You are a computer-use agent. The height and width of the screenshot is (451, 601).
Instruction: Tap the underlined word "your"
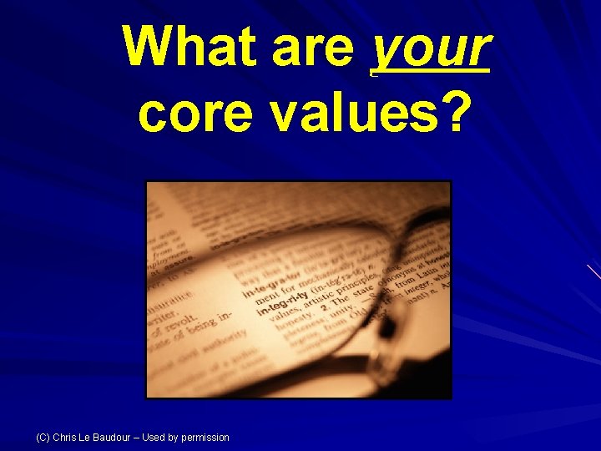[429, 48]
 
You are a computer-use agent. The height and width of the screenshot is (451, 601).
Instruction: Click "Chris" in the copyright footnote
[66, 438]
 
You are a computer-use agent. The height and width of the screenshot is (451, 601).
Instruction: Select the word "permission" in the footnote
[204, 438]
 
